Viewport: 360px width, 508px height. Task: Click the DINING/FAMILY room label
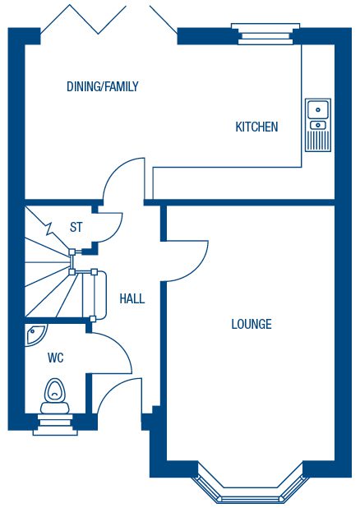[103, 86]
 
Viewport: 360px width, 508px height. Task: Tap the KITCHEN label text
[256, 127]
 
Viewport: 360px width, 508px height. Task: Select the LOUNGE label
[252, 324]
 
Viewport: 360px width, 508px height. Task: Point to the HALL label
[132, 298]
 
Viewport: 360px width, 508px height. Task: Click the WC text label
[56, 358]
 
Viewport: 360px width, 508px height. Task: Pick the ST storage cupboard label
[76, 227]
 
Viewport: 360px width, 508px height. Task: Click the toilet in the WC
[54, 396]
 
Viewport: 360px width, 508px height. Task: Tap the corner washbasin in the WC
[35, 334]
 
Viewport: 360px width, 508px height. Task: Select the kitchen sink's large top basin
[318, 110]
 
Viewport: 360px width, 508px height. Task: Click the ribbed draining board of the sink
[318, 140]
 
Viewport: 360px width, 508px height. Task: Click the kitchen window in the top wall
[265, 34]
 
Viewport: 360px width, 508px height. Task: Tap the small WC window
[55, 424]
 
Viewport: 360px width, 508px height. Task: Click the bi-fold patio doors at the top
[109, 20]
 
